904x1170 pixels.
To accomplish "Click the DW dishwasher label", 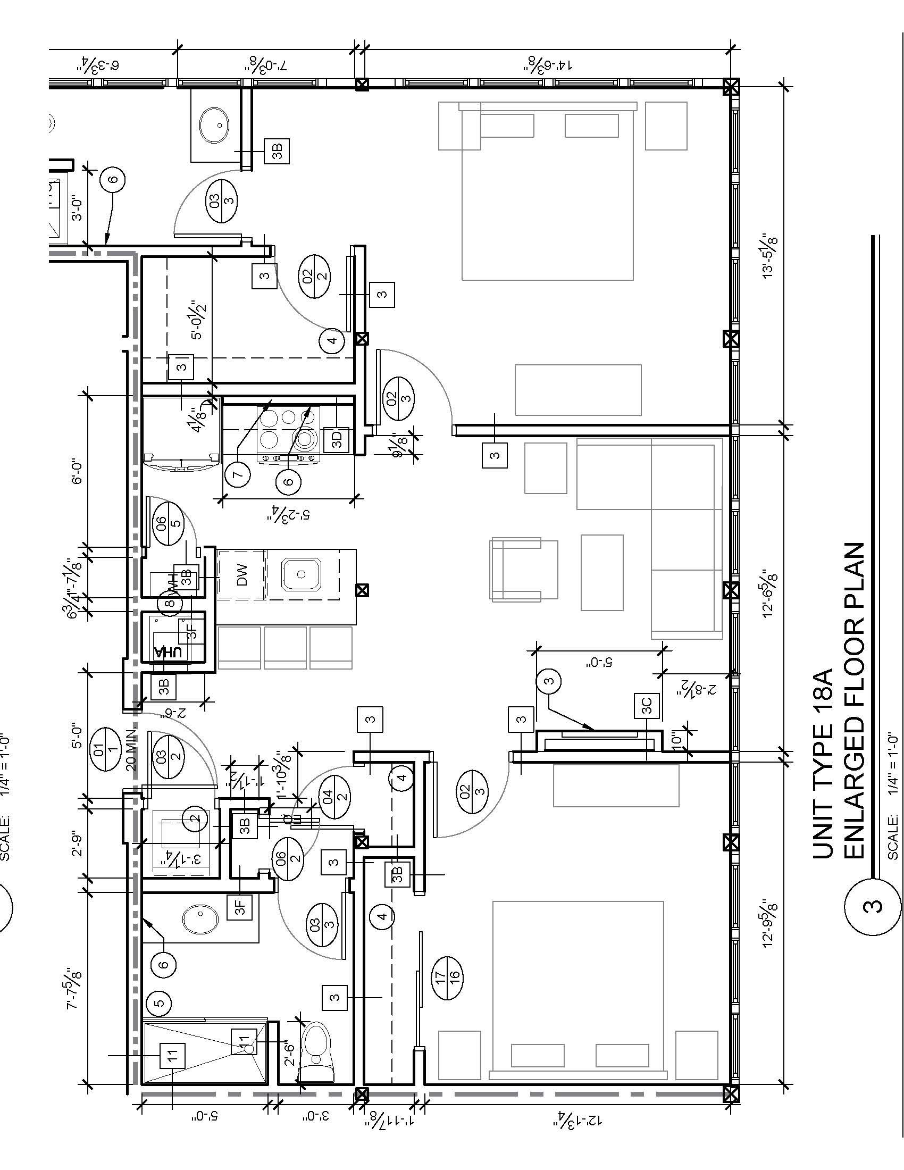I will [241, 574].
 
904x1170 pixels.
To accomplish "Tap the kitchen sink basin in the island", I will [301, 574].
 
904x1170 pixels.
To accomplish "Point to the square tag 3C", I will [647, 706].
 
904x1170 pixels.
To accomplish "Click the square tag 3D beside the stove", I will [337, 439].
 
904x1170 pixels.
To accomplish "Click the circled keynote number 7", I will [238, 473].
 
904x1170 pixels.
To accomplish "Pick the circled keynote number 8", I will [171, 603].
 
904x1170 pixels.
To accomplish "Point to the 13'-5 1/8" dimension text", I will [770, 255].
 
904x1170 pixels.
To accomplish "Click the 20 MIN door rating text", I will [132, 749].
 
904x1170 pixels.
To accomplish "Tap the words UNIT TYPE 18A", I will [824, 763].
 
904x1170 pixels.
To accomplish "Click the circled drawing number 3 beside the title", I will [872, 906].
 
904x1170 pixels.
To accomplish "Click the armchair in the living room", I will [523, 569].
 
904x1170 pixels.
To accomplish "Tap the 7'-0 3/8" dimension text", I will [266, 64].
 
